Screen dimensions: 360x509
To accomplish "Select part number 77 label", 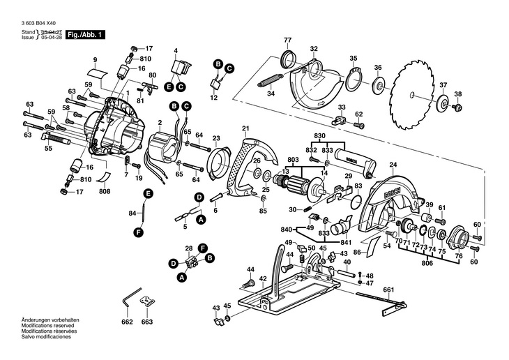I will click(x=287, y=39).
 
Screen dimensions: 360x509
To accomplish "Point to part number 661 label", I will click(x=388, y=289).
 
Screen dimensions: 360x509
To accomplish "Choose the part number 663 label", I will click(x=146, y=322).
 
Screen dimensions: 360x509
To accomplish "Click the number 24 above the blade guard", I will click(x=393, y=165).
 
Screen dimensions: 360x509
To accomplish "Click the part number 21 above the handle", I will click(x=245, y=128).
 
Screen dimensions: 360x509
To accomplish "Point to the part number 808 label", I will click(x=105, y=190).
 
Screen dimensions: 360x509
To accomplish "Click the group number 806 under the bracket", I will click(x=428, y=264).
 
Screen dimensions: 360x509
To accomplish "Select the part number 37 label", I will click(x=443, y=85).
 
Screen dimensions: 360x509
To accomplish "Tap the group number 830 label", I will click(x=320, y=135).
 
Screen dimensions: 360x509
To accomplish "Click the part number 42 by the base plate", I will click(x=263, y=278).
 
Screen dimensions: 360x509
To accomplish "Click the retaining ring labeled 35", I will click(x=353, y=80).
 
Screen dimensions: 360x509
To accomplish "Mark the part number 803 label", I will click(x=293, y=160).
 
